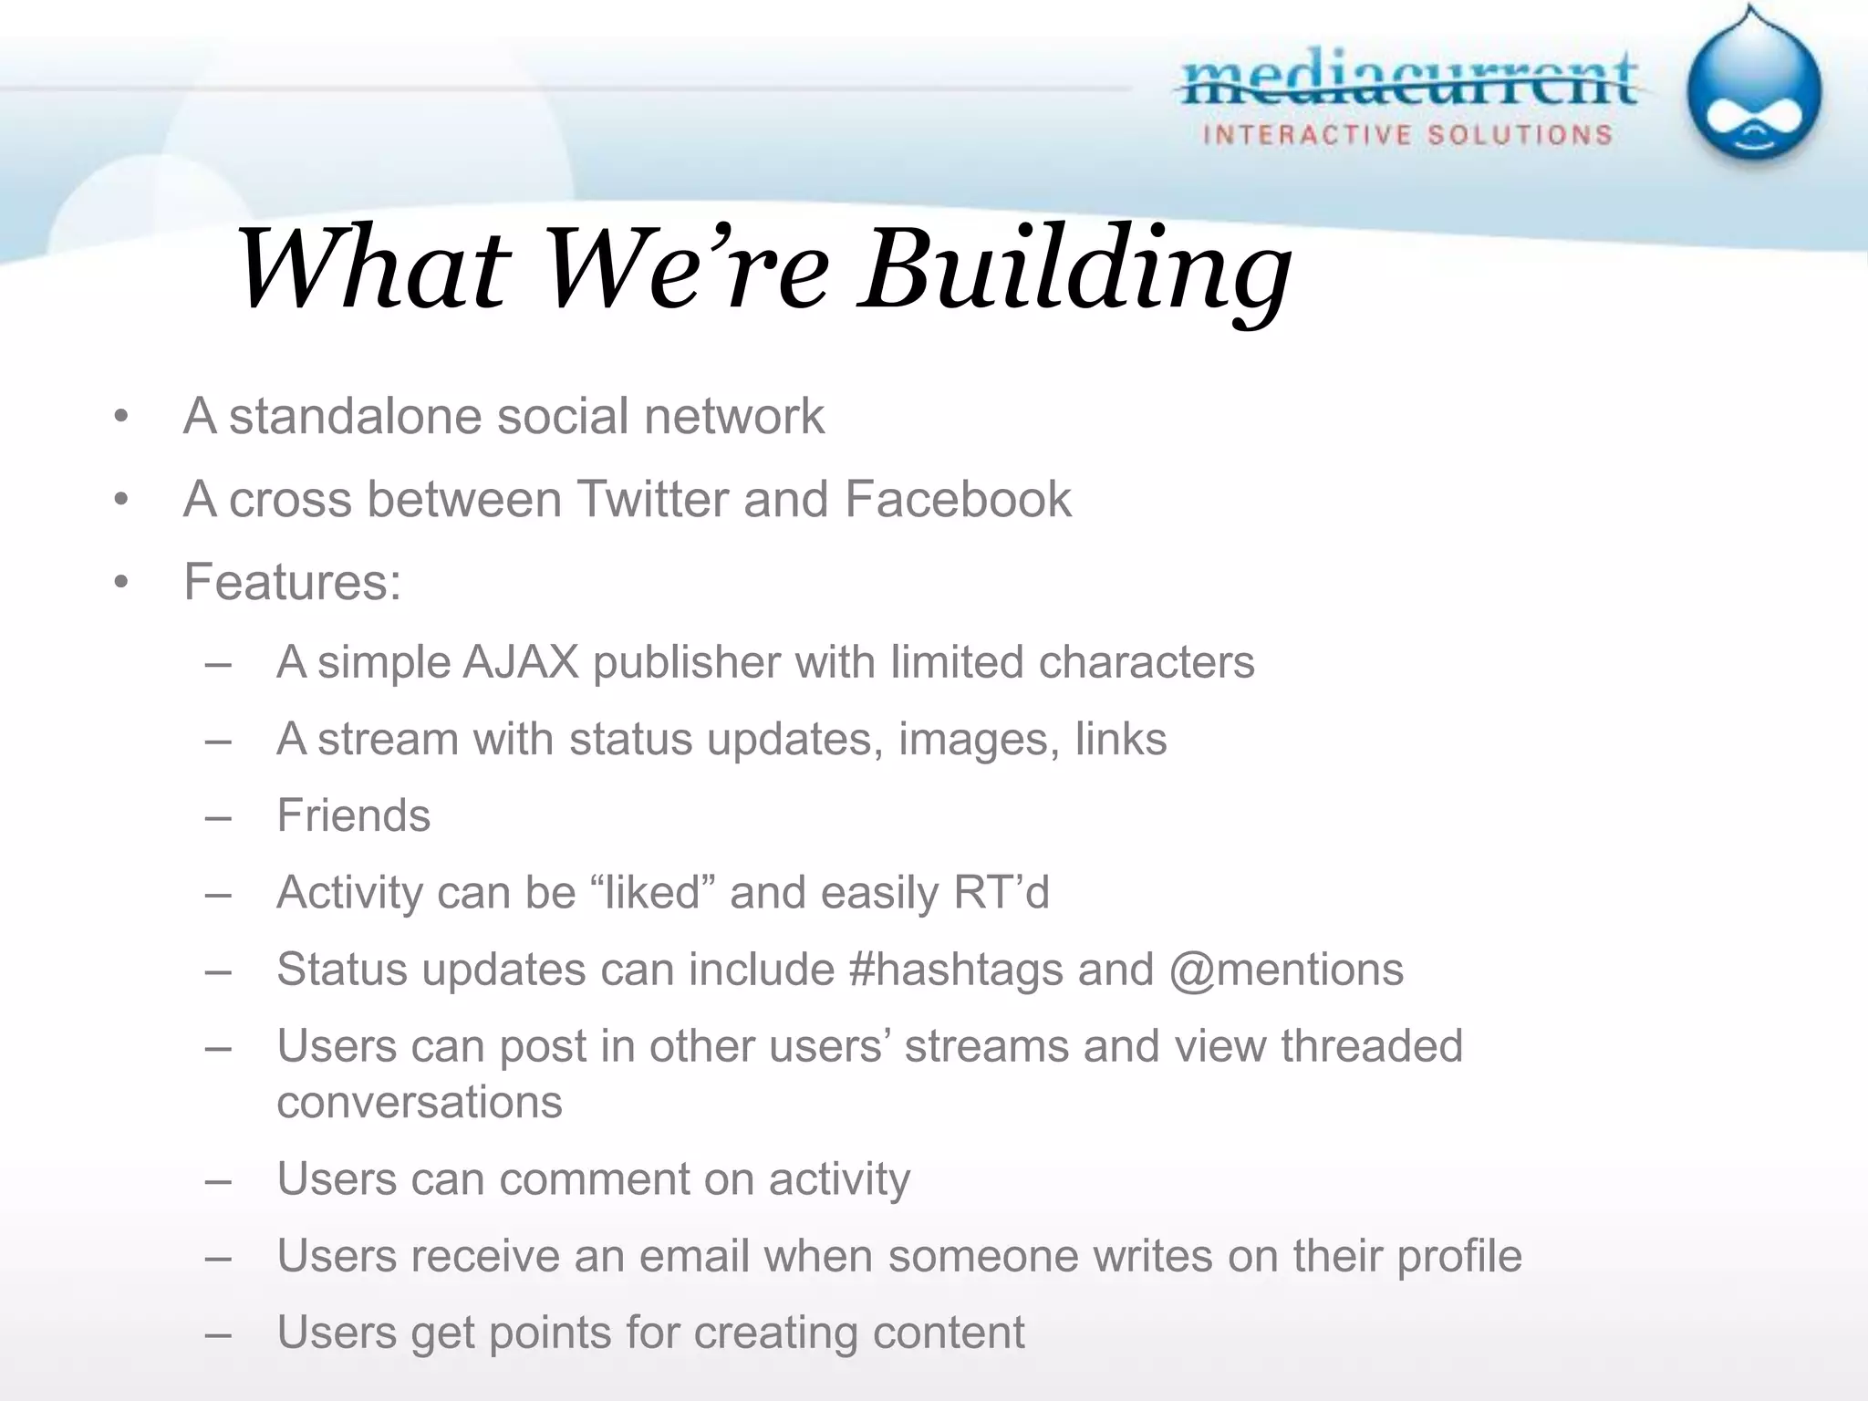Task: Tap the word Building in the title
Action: click(1076, 270)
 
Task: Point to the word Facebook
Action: click(957, 500)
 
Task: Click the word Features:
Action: click(292, 582)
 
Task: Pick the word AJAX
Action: click(521, 662)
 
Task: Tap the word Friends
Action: click(353, 815)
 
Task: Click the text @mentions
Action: click(1286, 970)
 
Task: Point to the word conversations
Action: click(420, 1103)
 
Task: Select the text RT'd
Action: click(1001, 892)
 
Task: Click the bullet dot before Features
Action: click(121, 583)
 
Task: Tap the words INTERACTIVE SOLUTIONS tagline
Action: click(1407, 136)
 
